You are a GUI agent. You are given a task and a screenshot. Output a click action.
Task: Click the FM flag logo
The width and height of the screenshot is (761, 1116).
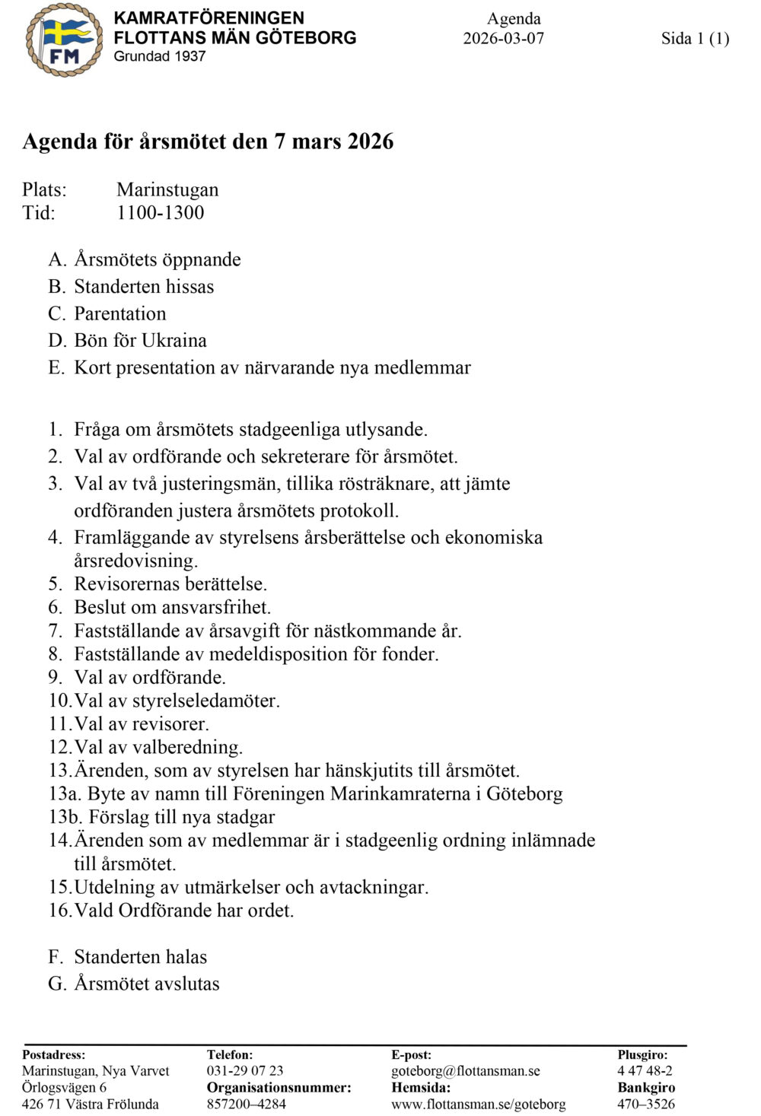[64, 40]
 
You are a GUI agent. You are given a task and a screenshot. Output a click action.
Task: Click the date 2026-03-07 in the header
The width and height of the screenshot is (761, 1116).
[503, 39]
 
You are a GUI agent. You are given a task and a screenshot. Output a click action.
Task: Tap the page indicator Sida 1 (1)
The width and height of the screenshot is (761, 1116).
[694, 39]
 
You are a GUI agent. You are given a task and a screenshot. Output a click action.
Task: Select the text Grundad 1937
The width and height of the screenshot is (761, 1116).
[160, 56]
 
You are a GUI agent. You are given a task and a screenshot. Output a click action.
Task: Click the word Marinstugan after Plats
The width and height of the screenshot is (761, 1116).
[167, 189]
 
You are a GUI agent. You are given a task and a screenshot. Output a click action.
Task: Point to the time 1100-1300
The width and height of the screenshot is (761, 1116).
[160, 213]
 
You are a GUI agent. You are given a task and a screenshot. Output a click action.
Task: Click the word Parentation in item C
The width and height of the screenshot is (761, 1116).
[119, 313]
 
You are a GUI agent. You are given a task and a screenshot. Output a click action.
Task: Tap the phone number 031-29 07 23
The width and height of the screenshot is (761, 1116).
[244, 1071]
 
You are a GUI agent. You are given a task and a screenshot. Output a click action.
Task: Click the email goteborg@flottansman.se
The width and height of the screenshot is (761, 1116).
[465, 1071]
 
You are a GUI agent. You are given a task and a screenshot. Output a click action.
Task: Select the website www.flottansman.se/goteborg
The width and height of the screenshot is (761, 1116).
[478, 1105]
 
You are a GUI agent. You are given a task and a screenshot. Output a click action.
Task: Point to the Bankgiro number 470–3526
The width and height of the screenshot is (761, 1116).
[645, 1105]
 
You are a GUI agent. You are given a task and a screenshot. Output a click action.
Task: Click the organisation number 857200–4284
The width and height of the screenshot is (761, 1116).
[246, 1105]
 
